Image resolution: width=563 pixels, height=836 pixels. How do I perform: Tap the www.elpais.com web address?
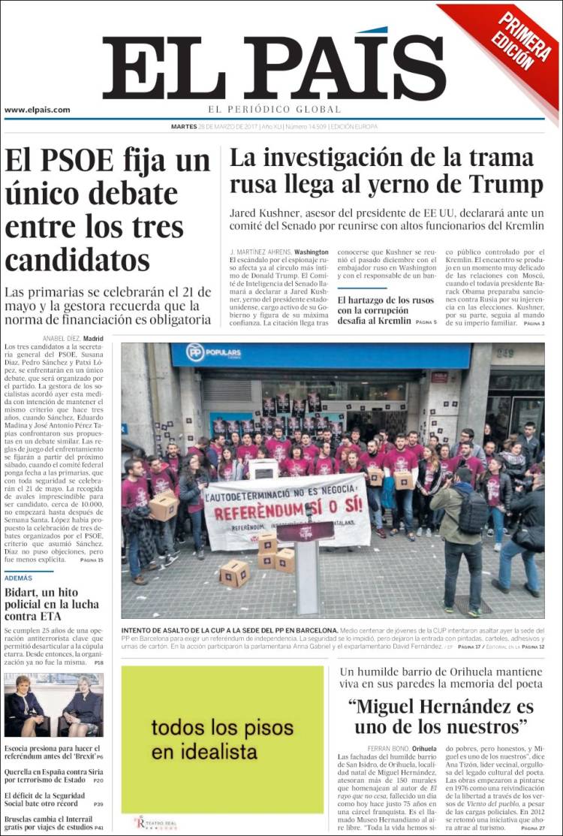click(38, 110)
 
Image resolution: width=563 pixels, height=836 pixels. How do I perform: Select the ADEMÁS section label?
click(19, 578)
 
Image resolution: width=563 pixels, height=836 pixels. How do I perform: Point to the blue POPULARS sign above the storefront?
click(215, 353)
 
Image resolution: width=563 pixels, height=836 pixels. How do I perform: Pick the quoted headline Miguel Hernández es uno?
click(441, 717)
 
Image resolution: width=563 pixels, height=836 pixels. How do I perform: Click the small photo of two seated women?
click(54, 705)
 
